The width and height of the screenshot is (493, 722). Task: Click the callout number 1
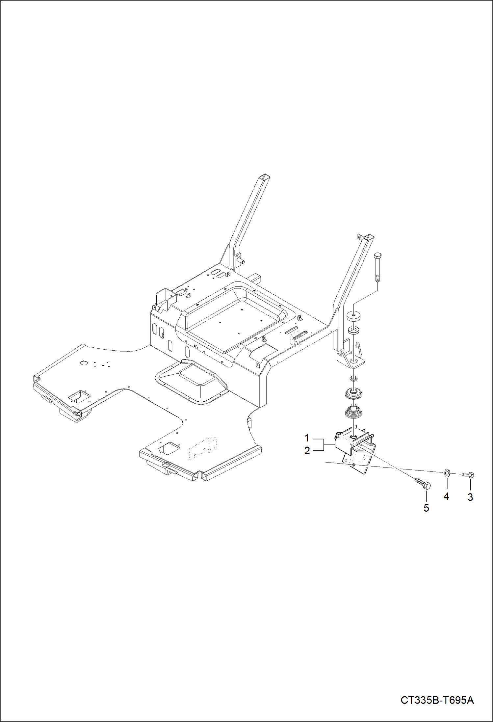pos(307,438)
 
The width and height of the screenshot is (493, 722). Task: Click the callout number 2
pos(307,451)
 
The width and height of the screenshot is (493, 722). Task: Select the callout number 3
pos(470,497)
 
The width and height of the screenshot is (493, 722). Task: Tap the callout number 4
pos(446,496)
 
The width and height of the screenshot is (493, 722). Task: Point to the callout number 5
pos(426,508)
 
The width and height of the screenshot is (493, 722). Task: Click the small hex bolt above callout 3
pos(468,475)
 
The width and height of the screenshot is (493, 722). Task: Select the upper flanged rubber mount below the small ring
pos(353,393)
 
